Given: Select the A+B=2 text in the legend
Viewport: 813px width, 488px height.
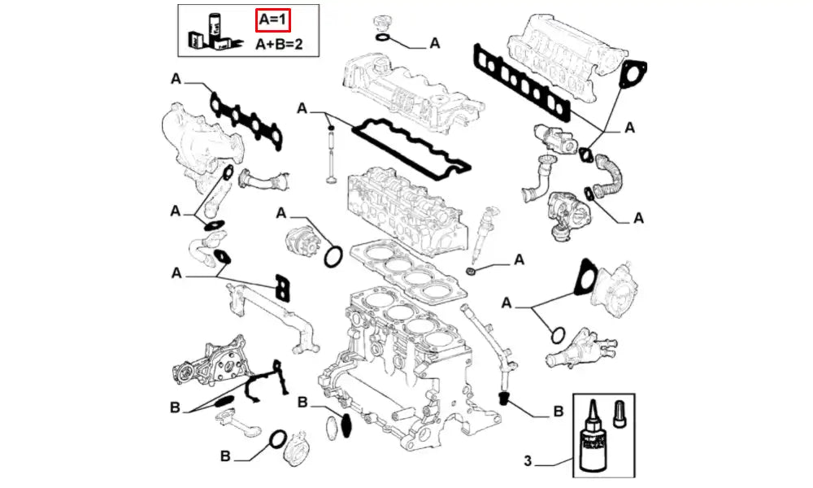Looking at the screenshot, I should tap(279, 44).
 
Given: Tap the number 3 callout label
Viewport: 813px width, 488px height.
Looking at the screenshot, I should tap(527, 463).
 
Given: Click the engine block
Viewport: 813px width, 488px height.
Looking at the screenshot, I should tap(398, 366).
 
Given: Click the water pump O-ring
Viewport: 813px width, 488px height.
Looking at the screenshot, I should tap(332, 258).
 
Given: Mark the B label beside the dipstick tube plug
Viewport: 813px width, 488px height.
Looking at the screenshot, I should tap(558, 412).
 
